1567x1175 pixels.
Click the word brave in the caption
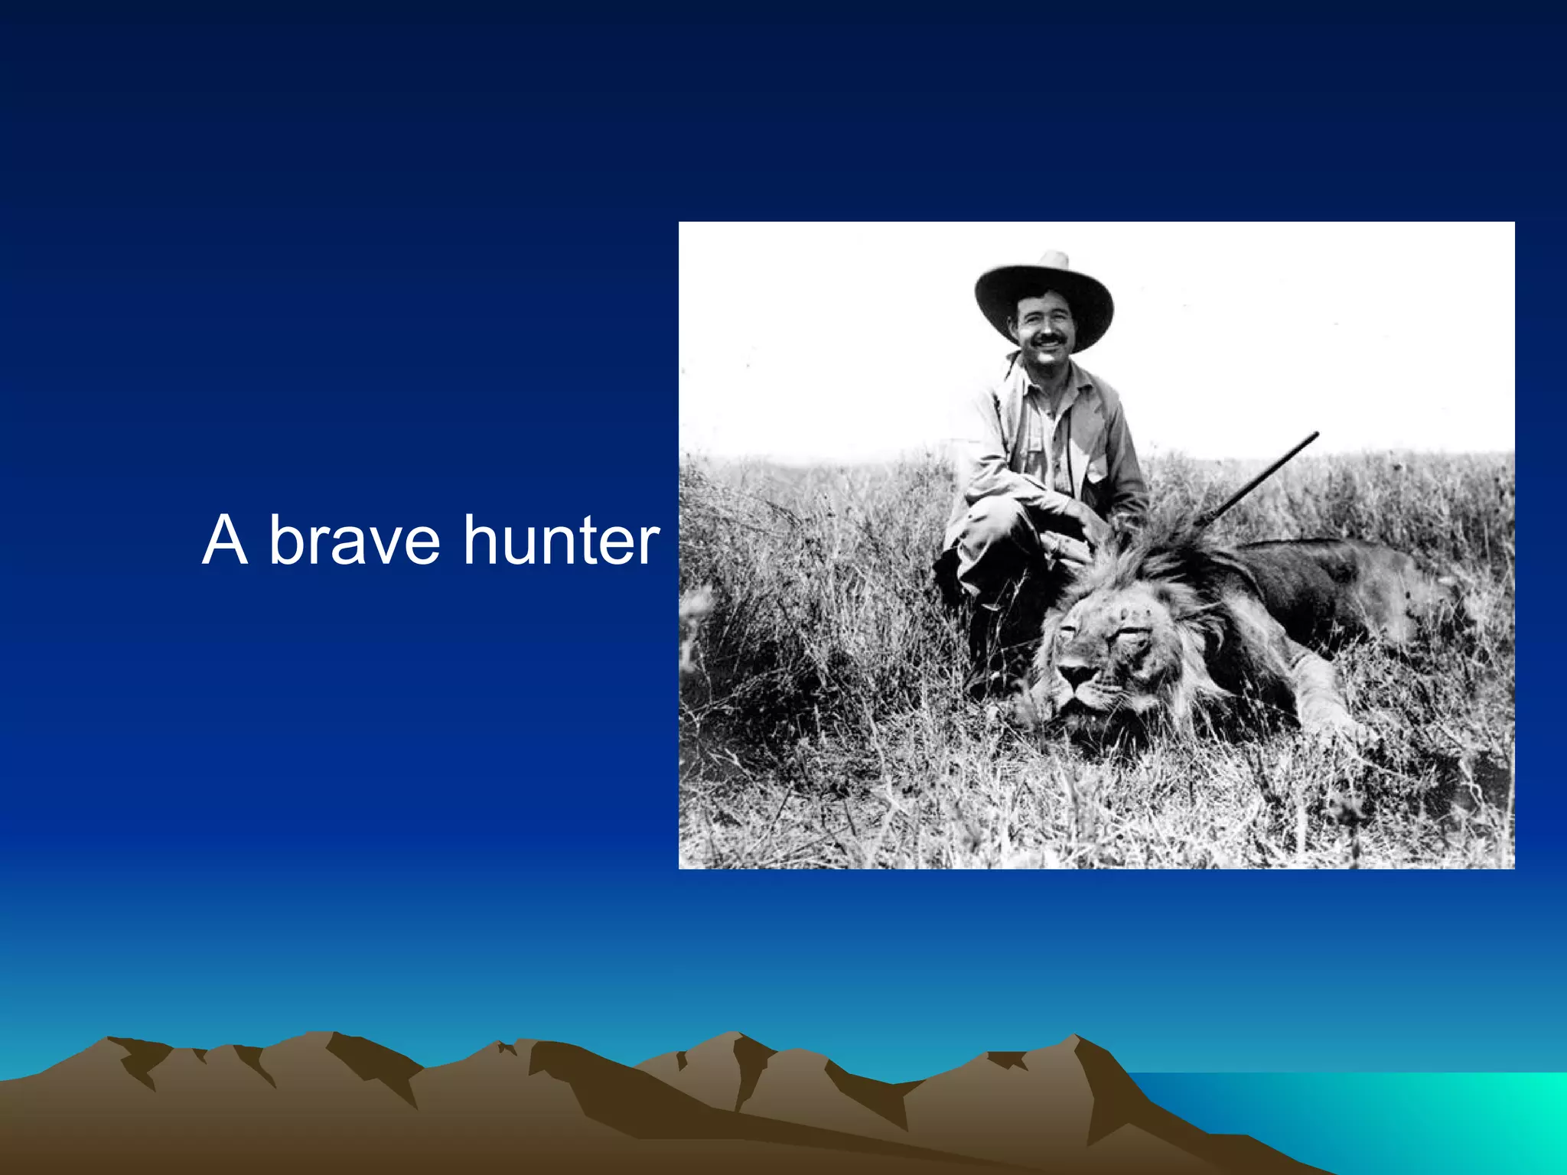[353, 541]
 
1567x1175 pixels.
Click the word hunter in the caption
[561, 541]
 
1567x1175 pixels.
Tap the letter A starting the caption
[225, 541]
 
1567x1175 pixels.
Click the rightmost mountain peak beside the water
[1075, 1039]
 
